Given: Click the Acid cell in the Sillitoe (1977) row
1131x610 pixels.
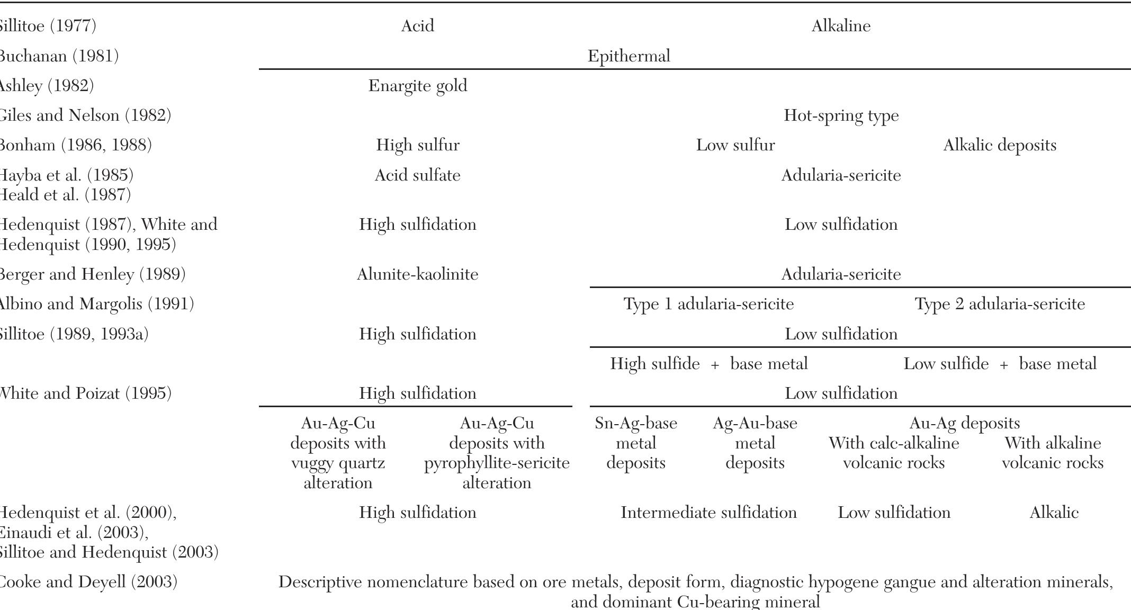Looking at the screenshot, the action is coord(417,26).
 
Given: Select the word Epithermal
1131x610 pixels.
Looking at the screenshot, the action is coord(629,56).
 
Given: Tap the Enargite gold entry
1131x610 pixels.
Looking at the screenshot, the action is coord(417,86).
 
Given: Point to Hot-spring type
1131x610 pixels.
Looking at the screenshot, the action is coord(841,115).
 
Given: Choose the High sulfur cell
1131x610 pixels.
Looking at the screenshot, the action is coord(417,145).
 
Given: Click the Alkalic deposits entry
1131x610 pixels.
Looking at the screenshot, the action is coord(999,145).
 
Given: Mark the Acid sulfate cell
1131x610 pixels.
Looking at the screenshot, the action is coord(417,175).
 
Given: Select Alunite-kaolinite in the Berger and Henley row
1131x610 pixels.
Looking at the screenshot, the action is coord(417,274).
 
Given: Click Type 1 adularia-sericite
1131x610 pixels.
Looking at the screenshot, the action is coord(708,304).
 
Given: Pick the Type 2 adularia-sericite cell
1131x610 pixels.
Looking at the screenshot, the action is coord(1000,304).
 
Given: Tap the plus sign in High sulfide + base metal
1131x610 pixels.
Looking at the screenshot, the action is coord(715,364).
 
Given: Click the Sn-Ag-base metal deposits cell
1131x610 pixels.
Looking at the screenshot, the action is coord(635,443).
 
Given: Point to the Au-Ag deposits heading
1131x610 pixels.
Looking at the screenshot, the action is coord(964,423).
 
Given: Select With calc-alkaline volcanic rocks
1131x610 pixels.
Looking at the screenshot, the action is coord(894,453).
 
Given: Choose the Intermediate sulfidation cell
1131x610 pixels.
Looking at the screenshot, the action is coord(708,513).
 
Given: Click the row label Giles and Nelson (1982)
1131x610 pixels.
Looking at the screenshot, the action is coord(85,115).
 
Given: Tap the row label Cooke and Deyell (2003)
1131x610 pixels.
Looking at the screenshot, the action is coord(88,582).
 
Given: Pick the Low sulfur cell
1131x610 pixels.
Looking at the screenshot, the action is coord(735,145).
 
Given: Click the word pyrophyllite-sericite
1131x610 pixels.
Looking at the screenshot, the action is coord(497,463).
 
